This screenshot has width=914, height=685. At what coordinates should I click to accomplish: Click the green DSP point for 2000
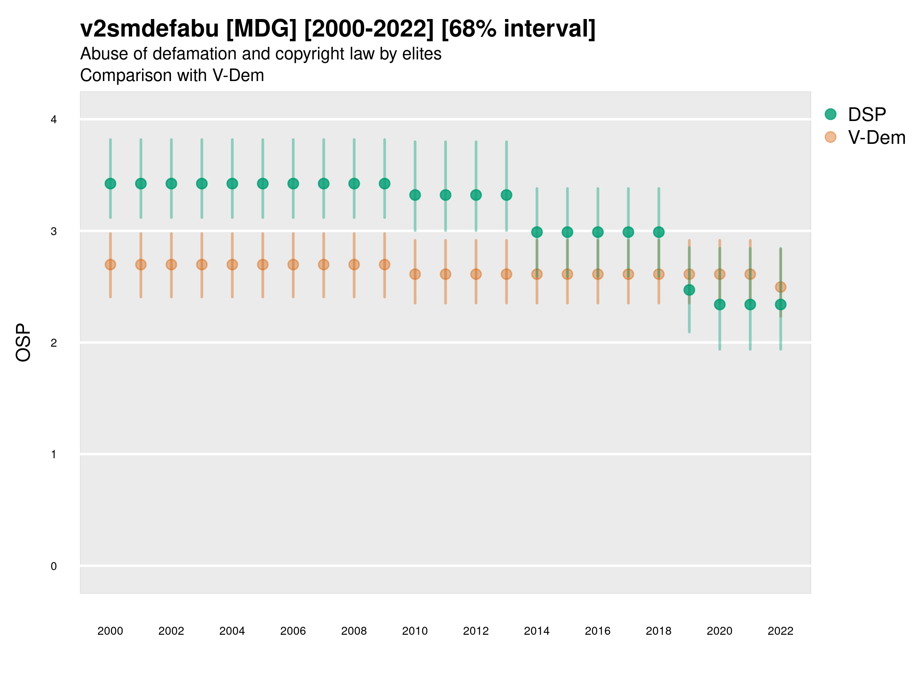110,184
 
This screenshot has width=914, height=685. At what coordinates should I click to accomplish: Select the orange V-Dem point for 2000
110,264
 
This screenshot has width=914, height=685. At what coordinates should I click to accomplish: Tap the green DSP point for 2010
415,195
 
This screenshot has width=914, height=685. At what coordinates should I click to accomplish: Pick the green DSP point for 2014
537,232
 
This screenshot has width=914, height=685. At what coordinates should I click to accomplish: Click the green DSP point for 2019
689,290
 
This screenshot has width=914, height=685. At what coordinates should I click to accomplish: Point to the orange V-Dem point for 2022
781,287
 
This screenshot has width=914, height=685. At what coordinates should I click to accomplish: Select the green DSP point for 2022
781,305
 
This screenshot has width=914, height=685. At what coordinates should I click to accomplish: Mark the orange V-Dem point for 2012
476,274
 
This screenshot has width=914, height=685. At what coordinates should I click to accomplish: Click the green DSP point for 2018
658,232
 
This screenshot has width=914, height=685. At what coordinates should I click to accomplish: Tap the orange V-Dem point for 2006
293,264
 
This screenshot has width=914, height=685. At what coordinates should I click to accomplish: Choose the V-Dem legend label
876,137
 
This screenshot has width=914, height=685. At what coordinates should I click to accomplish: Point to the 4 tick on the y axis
54,120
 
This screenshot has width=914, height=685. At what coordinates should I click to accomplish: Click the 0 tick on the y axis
54,566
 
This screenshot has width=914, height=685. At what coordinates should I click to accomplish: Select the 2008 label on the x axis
354,631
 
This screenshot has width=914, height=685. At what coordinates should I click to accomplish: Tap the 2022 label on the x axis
781,631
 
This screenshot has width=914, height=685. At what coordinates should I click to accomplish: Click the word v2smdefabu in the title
150,29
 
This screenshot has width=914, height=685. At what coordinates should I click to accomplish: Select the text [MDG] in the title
262,29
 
